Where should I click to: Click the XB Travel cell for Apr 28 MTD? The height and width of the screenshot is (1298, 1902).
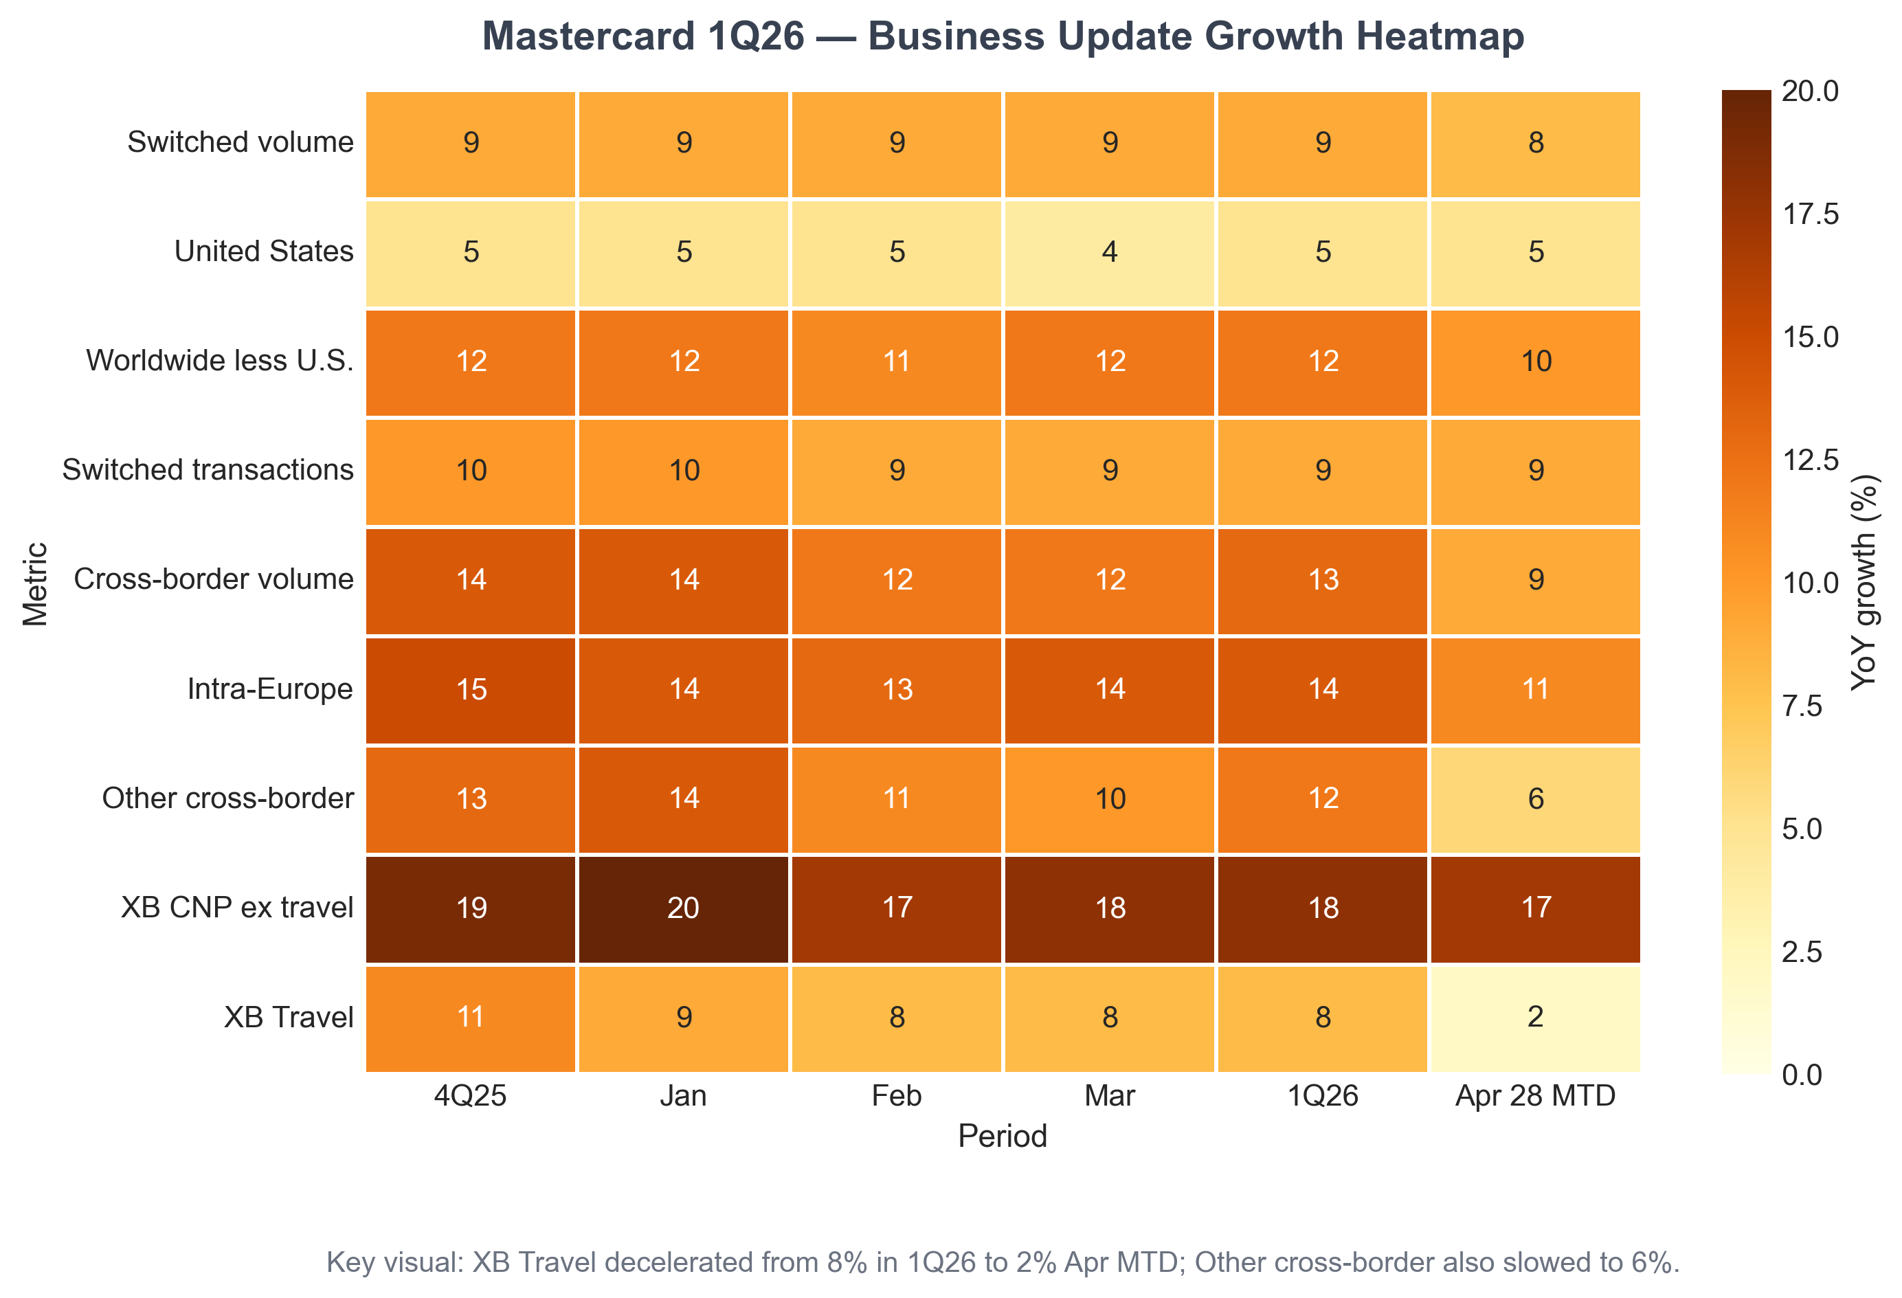pos(1535,1017)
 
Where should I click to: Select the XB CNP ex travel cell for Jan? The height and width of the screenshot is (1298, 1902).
pos(684,908)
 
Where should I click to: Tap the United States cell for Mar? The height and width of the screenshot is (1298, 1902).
pos(1110,252)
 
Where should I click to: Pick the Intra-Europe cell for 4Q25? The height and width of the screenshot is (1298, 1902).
pos(471,689)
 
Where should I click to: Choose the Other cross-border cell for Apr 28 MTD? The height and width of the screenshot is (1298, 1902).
pos(1535,798)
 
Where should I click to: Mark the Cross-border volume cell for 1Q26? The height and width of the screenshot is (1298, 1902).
pos(1323,580)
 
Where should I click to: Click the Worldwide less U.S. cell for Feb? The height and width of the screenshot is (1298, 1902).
pos(897,361)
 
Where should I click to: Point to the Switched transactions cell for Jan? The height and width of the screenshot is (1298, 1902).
pos(684,471)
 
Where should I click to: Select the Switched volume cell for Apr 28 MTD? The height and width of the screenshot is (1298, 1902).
pos(1535,143)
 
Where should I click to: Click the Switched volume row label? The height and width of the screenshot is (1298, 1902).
pos(240,142)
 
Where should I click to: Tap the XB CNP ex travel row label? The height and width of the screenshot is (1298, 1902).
pos(237,908)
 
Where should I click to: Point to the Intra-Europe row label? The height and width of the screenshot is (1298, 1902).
pos(270,689)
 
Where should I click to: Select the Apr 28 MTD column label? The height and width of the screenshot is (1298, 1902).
pos(1535,1096)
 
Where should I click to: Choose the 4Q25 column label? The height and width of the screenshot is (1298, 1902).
pos(471,1096)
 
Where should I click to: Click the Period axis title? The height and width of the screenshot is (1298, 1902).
pos(1003,1137)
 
